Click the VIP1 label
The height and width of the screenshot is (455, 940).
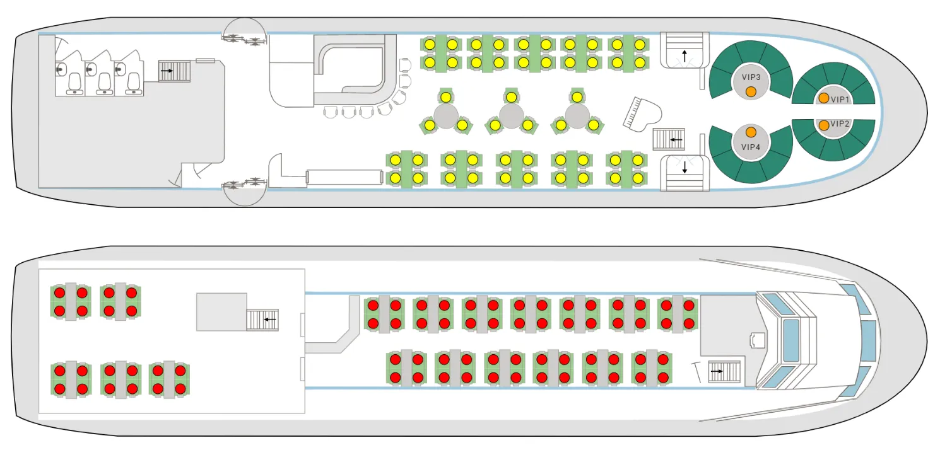pyautogui.click(x=840, y=100)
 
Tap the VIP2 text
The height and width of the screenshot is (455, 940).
pyautogui.click(x=840, y=124)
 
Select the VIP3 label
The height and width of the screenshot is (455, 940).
pyautogui.click(x=751, y=77)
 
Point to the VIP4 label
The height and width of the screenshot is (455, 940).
pyautogui.click(x=751, y=147)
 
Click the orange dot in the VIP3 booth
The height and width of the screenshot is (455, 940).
pyautogui.click(x=751, y=91)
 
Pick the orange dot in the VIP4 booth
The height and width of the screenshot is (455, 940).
pyautogui.click(x=751, y=132)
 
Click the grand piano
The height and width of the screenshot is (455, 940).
pyautogui.click(x=642, y=114)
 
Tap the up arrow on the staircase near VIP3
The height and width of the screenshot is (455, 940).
pyautogui.click(x=684, y=56)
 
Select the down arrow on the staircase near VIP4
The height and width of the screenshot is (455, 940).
pyautogui.click(x=684, y=168)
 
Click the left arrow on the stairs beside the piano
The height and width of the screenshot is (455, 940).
pyautogui.click(x=676, y=140)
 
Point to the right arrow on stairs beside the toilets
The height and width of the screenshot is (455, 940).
pyautogui.click(x=167, y=71)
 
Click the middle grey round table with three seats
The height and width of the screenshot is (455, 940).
pyautogui.click(x=511, y=116)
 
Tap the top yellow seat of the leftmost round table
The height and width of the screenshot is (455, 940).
pyautogui.click(x=445, y=97)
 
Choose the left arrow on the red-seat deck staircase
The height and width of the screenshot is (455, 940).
pyautogui.click(x=270, y=320)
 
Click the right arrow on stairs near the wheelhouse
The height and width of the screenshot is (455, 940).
pyautogui.click(x=717, y=371)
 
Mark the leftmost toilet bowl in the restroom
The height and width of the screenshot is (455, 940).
pyautogui.click(x=74, y=81)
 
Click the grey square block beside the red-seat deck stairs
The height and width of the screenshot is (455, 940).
pyautogui.click(x=221, y=312)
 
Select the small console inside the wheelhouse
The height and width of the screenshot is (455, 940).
pyautogui.click(x=758, y=340)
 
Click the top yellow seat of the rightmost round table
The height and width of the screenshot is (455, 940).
pyautogui.click(x=577, y=97)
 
